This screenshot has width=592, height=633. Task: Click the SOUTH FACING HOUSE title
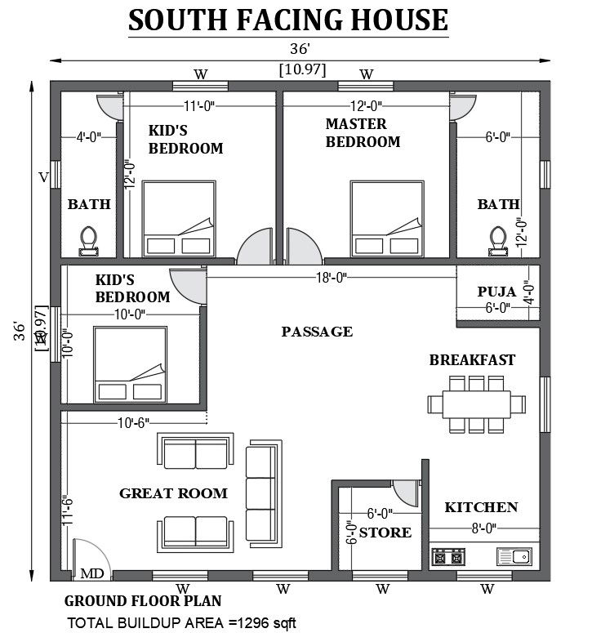click(288, 20)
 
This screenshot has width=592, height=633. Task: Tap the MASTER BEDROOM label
click(363, 133)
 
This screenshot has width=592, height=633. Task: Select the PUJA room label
click(496, 292)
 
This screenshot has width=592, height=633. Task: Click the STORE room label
click(385, 533)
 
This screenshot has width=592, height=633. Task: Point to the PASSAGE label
click(317, 332)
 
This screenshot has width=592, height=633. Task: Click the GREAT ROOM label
click(173, 493)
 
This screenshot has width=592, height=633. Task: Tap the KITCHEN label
click(481, 507)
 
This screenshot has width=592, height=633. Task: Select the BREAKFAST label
click(472, 360)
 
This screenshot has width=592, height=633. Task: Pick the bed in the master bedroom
click(387, 219)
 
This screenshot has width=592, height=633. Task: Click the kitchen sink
click(514, 557)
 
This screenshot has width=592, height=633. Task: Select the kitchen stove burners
click(448, 557)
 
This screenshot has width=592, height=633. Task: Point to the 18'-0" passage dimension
click(331, 278)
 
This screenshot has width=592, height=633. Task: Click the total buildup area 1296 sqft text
click(181, 623)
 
